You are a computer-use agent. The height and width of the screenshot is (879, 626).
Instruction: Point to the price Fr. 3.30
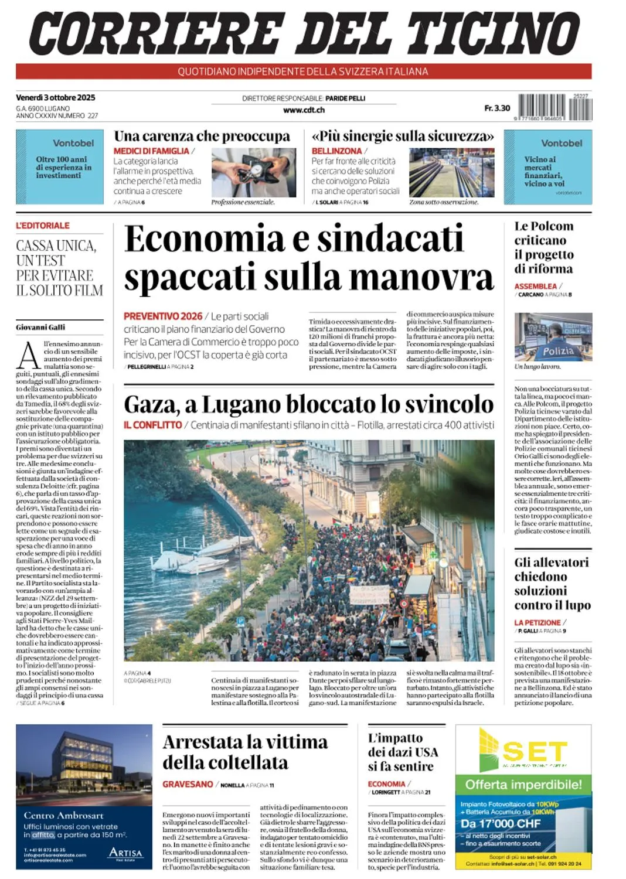497,108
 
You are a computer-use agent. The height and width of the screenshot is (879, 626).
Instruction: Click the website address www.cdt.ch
304,110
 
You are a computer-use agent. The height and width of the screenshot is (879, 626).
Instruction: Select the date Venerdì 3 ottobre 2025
56,97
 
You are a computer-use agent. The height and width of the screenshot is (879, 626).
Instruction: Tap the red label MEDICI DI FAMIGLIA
151,151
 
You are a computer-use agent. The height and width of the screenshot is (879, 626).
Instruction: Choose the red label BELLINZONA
336,151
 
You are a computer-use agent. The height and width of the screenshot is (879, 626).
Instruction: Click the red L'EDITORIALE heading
43,226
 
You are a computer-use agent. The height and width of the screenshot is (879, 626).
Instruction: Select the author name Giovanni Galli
40,327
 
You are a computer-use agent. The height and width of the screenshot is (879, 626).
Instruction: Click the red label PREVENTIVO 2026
163,316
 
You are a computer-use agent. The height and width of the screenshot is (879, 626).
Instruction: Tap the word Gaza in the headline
150,404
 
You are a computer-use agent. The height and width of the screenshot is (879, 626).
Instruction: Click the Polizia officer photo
553,337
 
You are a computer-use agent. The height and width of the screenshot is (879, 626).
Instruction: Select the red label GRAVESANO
188,784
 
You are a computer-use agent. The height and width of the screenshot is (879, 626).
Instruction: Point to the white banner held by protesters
369,595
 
